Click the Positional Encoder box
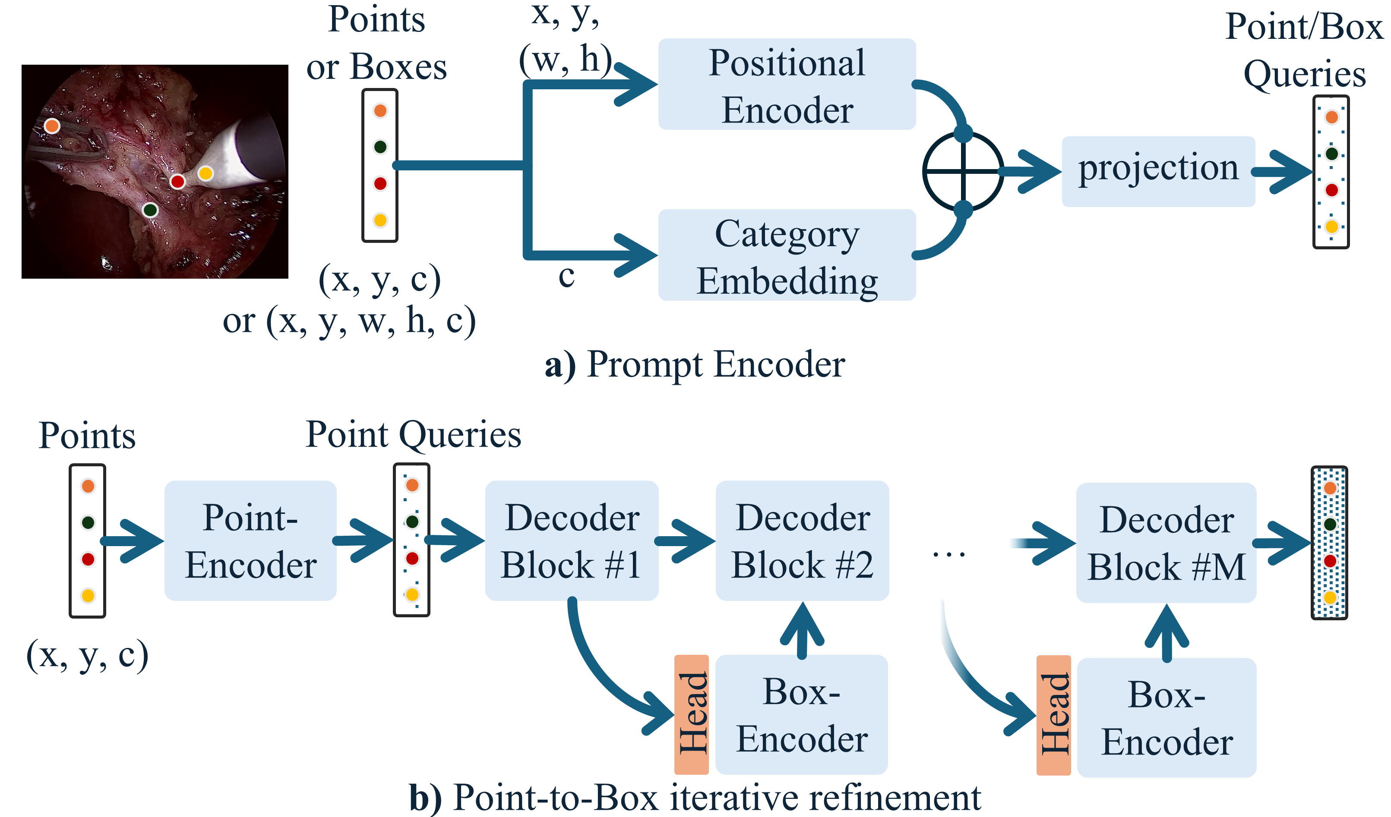(787, 84)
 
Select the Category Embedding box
(787, 255)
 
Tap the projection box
(1158, 172)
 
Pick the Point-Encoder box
(250, 540)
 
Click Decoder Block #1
(571, 540)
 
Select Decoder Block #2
(802, 540)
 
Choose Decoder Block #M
(1167, 543)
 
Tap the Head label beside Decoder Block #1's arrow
(692, 714)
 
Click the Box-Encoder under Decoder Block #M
(1167, 718)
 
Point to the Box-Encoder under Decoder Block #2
(801, 714)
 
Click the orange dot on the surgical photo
(52, 126)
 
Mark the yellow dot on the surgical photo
(205, 173)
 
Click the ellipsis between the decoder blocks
(949, 554)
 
